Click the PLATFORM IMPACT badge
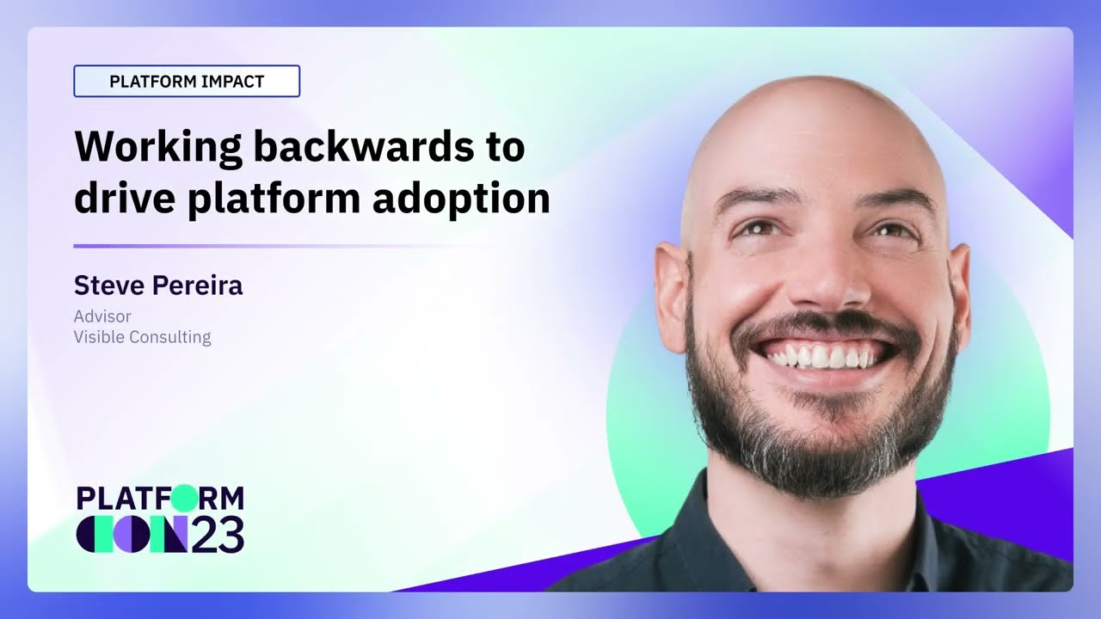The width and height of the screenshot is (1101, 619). tap(187, 81)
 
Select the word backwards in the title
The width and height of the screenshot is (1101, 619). tap(362, 146)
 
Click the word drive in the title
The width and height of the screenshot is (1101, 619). tap(125, 198)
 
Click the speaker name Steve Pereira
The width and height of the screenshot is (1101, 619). tap(158, 285)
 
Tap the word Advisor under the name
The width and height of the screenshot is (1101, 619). tap(102, 316)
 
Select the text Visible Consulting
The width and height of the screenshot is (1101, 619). tap(143, 338)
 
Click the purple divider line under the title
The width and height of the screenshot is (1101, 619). tap(285, 246)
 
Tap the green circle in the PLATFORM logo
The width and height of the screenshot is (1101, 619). tap(184, 498)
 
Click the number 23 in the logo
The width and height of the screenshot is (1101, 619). tap(218, 534)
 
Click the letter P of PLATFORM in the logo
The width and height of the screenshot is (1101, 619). tap(85, 498)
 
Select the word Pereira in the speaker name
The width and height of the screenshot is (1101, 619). tap(197, 285)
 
